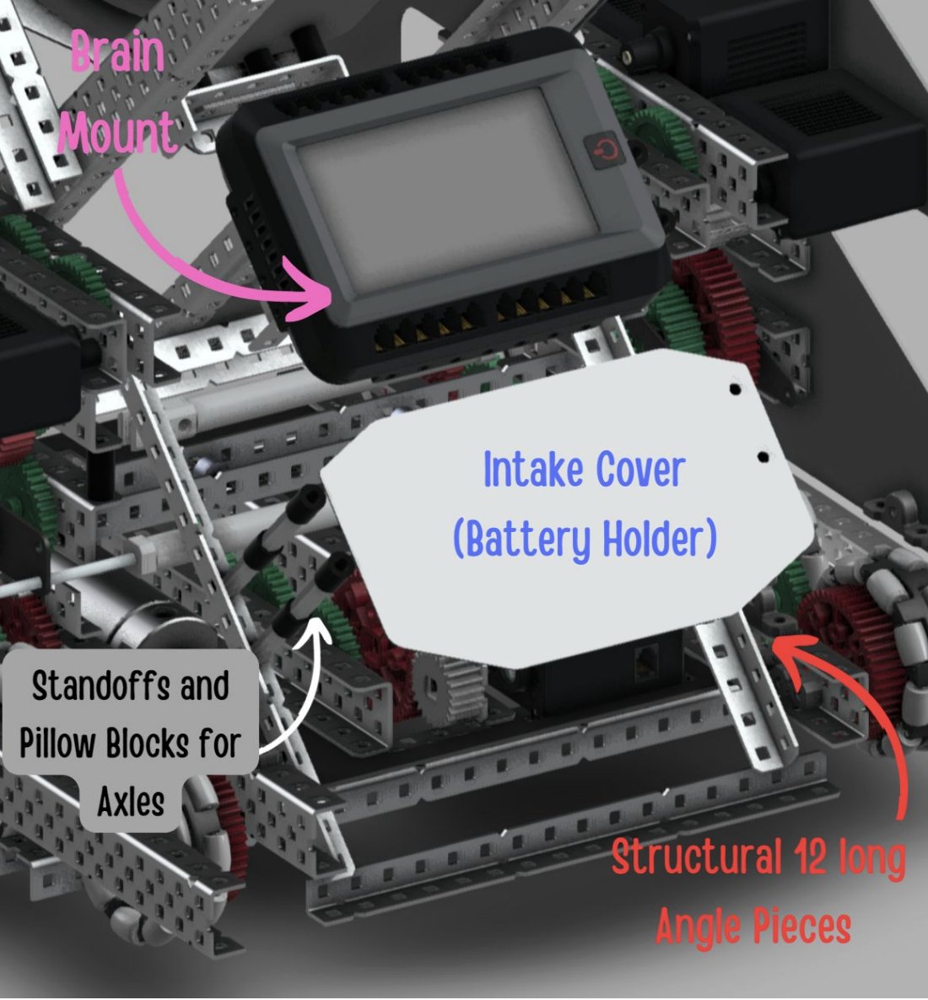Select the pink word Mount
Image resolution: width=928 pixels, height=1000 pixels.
click(116, 132)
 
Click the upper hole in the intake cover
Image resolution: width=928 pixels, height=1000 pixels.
click(734, 391)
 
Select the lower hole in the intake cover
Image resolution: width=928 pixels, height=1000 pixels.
click(763, 457)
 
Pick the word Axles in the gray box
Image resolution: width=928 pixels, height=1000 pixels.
click(131, 800)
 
